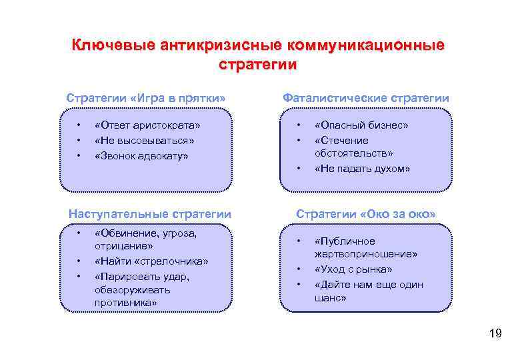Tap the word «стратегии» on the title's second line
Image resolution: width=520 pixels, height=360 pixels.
click(x=257, y=65)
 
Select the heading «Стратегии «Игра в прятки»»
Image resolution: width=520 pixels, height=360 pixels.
click(x=146, y=98)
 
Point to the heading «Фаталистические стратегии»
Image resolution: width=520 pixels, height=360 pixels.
click(x=366, y=98)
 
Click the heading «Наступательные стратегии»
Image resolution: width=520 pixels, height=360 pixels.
click(x=150, y=214)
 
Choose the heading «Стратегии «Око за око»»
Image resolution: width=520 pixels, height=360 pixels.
click(x=366, y=214)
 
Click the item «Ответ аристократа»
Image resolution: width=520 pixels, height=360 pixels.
click(x=147, y=125)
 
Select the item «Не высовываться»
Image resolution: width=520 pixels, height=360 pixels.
click(x=145, y=140)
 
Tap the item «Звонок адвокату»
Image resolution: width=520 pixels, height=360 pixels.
click(x=142, y=155)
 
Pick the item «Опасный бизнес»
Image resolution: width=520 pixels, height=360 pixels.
click(x=361, y=125)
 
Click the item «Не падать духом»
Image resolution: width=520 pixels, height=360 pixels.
click(x=362, y=169)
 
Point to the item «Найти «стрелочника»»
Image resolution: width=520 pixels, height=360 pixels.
click(x=151, y=261)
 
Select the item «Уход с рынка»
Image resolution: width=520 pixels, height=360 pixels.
click(x=353, y=269)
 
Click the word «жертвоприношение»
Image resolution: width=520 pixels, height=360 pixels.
click(x=366, y=255)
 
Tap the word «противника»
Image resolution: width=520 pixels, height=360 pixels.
click(x=126, y=303)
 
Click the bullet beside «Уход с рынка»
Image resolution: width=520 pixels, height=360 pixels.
click(x=299, y=269)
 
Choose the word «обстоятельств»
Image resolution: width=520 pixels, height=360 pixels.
click(x=354, y=154)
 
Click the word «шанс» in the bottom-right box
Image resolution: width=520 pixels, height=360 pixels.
click(x=330, y=299)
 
